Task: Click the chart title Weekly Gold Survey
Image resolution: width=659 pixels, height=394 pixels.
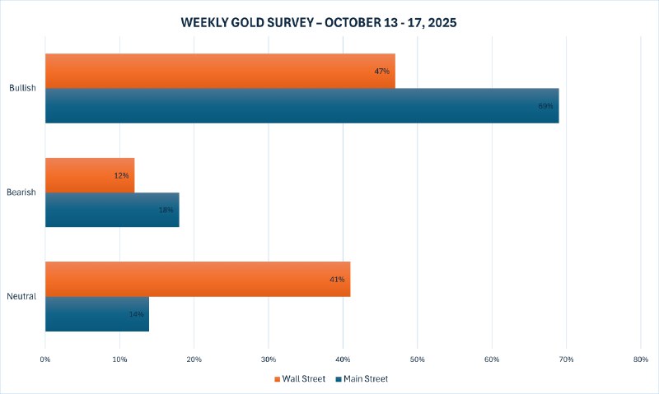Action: pyautogui.click(x=318, y=23)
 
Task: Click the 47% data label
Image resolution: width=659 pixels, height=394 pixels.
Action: pyautogui.click(x=381, y=72)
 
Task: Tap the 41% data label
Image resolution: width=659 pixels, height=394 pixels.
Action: pyautogui.click(x=337, y=280)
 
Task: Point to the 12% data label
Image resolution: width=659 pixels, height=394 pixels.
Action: pyautogui.click(x=121, y=176)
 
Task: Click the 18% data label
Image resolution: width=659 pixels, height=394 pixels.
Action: pyautogui.click(x=166, y=211)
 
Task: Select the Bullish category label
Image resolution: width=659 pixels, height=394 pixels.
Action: pyautogui.click(x=22, y=88)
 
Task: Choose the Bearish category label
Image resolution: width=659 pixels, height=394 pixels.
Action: pyautogui.click(x=22, y=192)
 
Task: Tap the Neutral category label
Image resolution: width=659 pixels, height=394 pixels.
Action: pyautogui.click(x=22, y=296)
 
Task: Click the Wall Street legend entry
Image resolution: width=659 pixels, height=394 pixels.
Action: pyautogui.click(x=301, y=379)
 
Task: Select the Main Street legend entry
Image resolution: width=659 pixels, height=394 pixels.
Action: pyautogui.click(x=362, y=379)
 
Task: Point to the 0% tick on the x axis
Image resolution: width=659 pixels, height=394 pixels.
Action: pyautogui.click(x=45, y=359)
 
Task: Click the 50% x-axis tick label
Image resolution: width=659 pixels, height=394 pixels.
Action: pyautogui.click(x=418, y=359)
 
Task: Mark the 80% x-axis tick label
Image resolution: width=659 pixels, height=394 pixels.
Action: pyautogui.click(x=641, y=359)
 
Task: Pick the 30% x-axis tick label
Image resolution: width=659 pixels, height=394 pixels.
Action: pyautogui.click(x=269, y=359)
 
